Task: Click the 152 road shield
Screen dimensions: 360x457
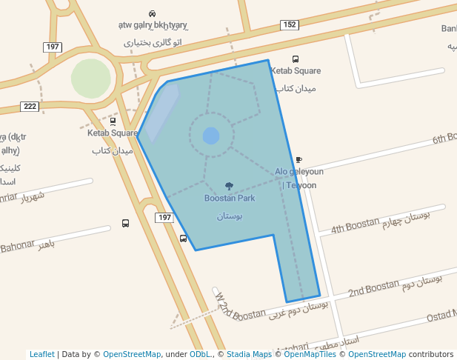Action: point(290,25)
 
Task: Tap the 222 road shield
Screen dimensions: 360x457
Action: point(30,107)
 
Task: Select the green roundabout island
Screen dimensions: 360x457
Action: point(91,78)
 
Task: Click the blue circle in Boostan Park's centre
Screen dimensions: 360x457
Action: point(211,136)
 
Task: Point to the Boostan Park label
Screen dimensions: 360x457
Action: point(230,199)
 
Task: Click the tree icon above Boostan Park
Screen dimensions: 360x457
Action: point(229,187)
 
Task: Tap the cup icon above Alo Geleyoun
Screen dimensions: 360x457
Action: point(298,160)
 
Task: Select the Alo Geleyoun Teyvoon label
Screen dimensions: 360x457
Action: point(299,178)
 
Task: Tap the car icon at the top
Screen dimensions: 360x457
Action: point(152,13)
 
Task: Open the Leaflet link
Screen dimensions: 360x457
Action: point(41,354)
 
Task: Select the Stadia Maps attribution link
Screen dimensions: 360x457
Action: point(249,354)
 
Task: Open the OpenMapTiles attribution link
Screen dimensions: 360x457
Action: point(310,354)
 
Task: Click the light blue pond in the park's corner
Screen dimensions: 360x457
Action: point(161,111)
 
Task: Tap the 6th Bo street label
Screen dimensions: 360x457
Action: point(444,139)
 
